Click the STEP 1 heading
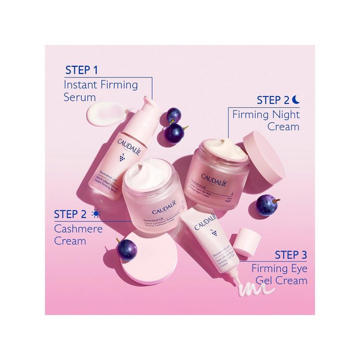[x=81, y=70]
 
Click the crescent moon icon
[x=295, y=100]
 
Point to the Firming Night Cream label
[x=266, y=121]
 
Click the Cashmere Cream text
[x=78, y=234]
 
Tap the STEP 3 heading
[x=291, y=255]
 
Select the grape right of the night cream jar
[x=268, y=207]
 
